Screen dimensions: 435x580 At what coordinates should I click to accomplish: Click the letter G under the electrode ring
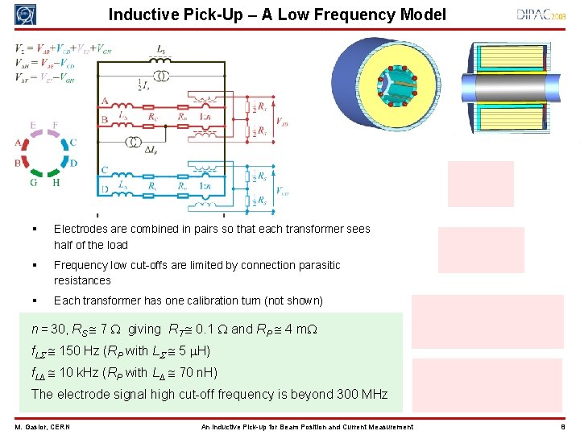click(x=34, y=183)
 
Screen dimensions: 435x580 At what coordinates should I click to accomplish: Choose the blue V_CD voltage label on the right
click(x=282, y=191)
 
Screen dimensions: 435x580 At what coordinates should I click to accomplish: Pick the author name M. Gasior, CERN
click(x=42, y=427)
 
